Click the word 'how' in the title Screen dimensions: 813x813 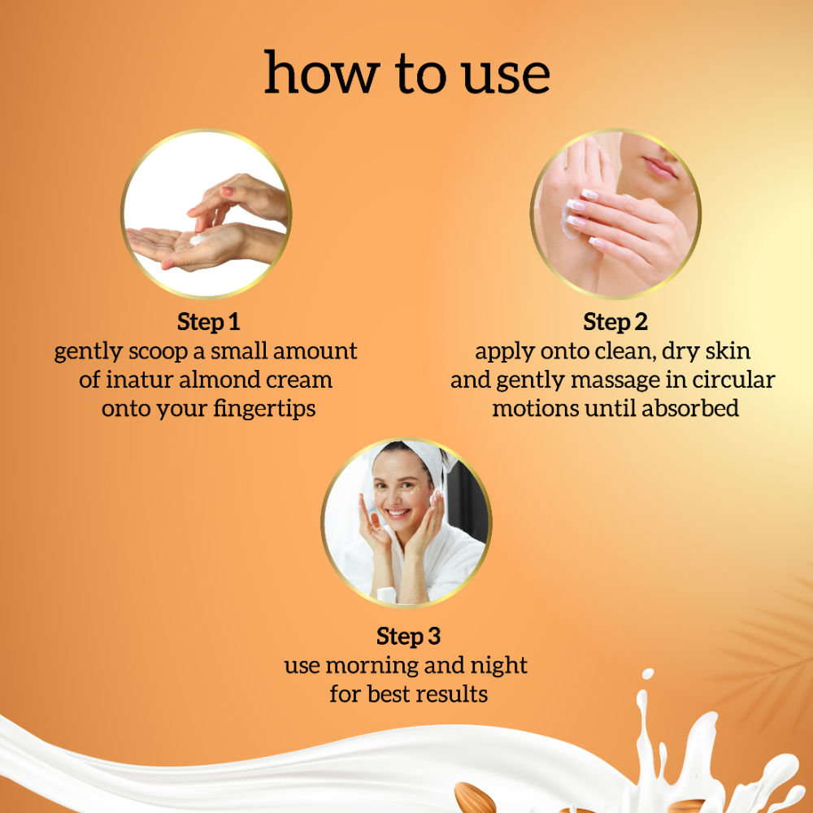(322, 72)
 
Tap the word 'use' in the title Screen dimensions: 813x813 (506, 76)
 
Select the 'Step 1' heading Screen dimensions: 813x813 (208, 322)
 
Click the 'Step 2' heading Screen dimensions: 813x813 (615, 322)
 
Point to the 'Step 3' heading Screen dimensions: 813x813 (409, 637)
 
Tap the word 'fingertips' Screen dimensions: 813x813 (264, 409)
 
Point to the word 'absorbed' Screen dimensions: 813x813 (690, 408)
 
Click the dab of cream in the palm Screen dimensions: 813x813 (197, 239)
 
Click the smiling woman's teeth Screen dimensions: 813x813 (398, 513)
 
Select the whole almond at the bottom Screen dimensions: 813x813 (475, 798)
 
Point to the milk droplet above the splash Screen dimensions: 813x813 (648, 674)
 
